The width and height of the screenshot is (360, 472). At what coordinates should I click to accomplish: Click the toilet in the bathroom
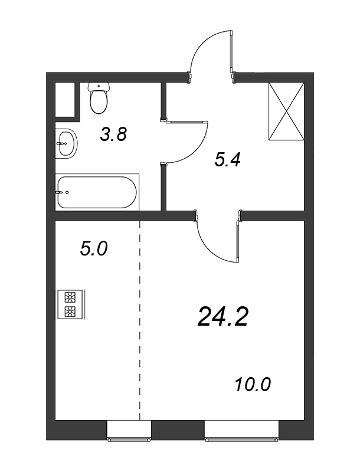[99, 98]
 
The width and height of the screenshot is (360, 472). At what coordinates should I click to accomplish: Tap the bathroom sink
[66, 143]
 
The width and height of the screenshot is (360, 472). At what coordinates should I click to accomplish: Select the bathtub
[97, 192]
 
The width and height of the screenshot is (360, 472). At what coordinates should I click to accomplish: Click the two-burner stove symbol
[71, 304]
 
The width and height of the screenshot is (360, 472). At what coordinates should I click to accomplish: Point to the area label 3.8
[114, 135]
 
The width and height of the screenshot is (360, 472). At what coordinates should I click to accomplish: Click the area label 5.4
[228, 159]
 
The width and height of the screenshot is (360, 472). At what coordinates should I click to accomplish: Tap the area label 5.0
[94, 249]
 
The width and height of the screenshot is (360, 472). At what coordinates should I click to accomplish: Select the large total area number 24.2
[223, 317]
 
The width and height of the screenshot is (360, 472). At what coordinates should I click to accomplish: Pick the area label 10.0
[253, 385]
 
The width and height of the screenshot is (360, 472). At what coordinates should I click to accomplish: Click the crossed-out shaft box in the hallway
[286, 112]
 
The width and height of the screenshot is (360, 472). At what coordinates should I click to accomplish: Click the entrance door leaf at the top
[231, 51]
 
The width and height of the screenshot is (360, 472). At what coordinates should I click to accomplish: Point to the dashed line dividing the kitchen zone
[140, 320]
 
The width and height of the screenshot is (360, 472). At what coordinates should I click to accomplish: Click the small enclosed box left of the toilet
[65, 100]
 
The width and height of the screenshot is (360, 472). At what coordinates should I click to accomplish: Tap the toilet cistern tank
[99, 87]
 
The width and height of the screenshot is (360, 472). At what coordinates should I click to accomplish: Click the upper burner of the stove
[70, 297]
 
